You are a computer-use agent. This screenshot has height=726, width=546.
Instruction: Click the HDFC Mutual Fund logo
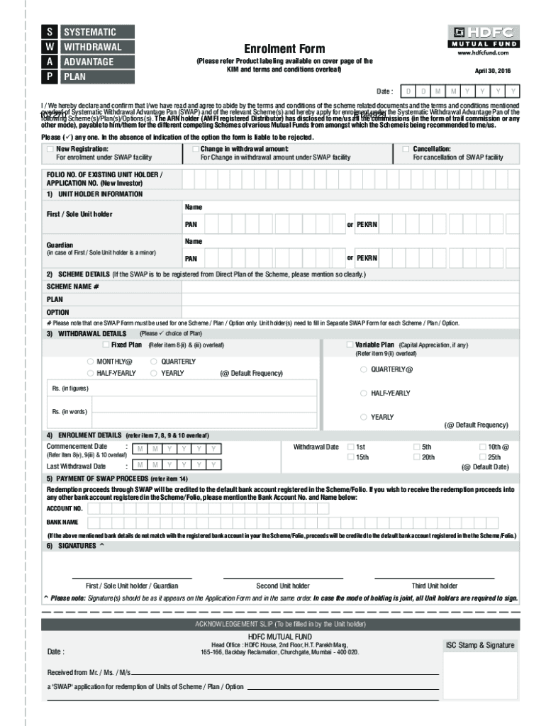(x=481, y=36)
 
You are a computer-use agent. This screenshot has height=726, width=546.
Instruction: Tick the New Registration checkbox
(x=49, y=149)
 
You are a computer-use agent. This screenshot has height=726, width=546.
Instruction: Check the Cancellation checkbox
(x=406, y=149)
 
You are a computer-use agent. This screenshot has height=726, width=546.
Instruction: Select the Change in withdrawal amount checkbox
(x=194, y=149)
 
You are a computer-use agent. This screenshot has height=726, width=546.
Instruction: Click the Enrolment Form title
(x=284, y=49)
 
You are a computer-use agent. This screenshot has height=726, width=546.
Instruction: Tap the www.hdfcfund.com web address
(x=484, y=53)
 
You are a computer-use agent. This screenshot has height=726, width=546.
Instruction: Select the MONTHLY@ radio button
(x=91, y=362)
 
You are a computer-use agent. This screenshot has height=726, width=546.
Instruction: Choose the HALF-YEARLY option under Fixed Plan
(x=91, y=373)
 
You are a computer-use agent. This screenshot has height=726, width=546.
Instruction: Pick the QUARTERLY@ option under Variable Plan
(x=364, y=369)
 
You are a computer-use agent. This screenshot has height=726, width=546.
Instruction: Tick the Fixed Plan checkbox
(x=106, y=345)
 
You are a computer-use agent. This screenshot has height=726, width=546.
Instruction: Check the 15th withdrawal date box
(x=350, y=458)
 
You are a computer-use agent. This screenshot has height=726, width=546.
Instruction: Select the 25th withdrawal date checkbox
(x=482, y=458)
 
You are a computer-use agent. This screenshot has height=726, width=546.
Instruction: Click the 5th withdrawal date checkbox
(x=416, y=447)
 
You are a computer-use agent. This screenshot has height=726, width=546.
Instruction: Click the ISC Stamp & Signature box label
(x=479, y=646)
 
